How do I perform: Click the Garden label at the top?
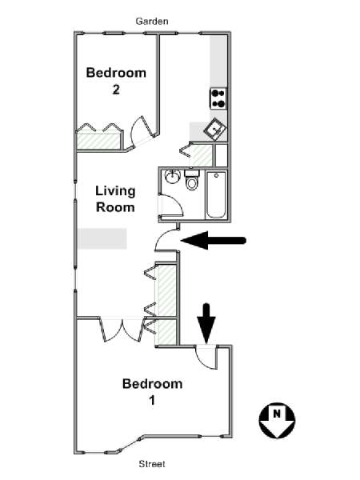pos(152,22)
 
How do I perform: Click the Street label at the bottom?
pos(152,464)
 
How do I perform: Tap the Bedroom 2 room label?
pos(116,81)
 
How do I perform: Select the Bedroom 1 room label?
pos(152,392)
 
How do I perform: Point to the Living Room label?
pos(115,199)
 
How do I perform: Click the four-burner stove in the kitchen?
pos(218,98)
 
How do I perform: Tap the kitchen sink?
pos(215,130)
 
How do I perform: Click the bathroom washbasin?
pos(173,176)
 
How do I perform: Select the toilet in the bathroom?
pos(192,181)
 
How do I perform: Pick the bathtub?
pos(216,195)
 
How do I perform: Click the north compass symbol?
pos(277,421)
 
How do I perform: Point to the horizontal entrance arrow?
pos(214,240)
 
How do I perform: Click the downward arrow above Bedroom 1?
pos(206,323)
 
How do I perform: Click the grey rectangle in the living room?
pos(102,238)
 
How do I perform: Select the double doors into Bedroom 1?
pos(122,330)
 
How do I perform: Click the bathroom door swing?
pos(171,205)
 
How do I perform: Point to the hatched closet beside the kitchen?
pos(201,155)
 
